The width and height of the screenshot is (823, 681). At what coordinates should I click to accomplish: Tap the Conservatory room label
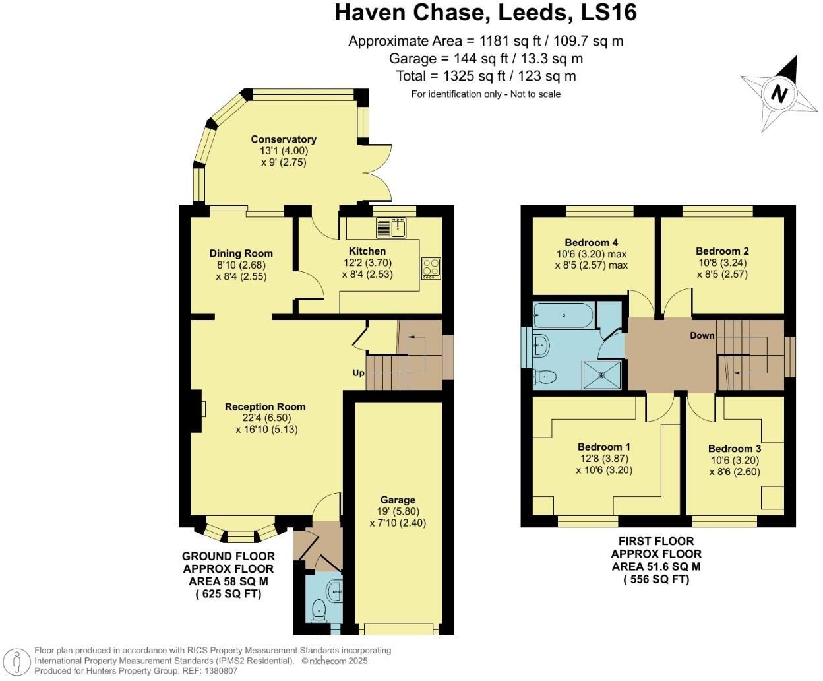[284, 139]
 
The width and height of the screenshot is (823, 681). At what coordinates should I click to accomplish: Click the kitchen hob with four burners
[431, 269]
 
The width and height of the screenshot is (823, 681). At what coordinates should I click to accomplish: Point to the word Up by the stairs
[358, 373]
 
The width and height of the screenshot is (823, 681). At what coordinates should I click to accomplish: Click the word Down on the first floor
[702, 335]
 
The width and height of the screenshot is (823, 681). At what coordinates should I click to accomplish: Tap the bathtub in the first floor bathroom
[564, 315]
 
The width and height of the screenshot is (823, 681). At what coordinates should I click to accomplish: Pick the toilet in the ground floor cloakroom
[319, 611]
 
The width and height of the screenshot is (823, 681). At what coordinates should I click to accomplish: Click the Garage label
[397, 500]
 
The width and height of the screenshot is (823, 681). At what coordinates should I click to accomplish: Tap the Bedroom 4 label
[592, 243]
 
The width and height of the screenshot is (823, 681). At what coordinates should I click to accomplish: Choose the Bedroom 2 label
[722, 251]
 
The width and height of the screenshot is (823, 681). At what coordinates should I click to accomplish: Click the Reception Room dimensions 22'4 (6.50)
[266, 418]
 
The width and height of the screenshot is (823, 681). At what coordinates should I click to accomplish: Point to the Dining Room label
[241, 253]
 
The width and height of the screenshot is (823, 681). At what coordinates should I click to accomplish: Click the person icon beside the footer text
[16, 662]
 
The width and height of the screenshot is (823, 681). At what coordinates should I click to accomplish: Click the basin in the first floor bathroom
[541, 346]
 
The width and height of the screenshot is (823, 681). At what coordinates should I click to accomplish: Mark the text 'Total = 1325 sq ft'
[450, 76]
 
